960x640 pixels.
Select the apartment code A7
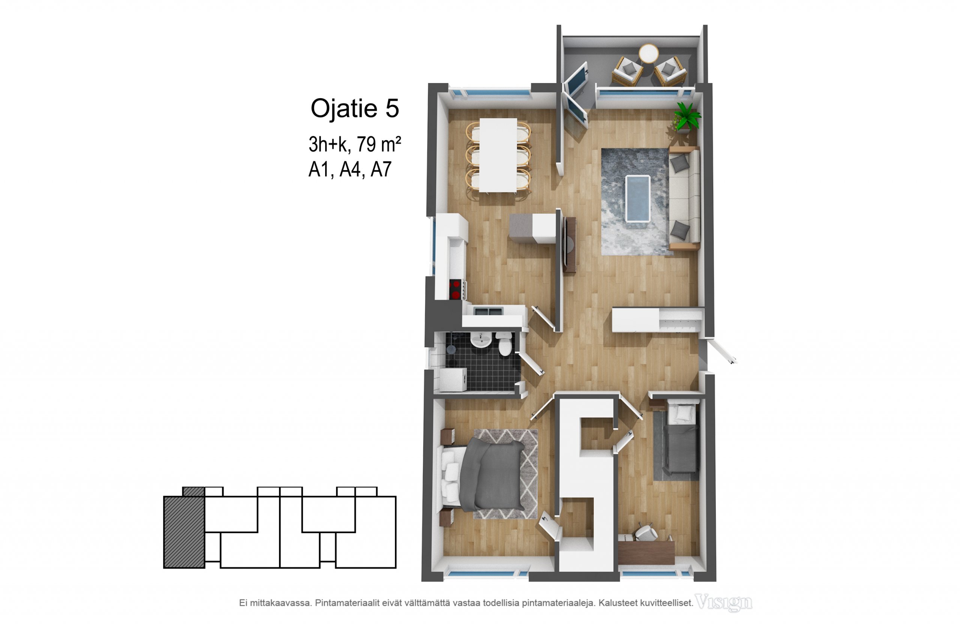(381, 169)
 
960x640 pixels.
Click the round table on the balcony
(649, 54)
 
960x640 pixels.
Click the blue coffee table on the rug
(638, 198)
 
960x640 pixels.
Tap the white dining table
(498, 155)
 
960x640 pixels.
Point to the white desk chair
(646, 532)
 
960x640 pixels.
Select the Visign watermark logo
(723, 603)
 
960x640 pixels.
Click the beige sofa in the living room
(684, 198)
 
